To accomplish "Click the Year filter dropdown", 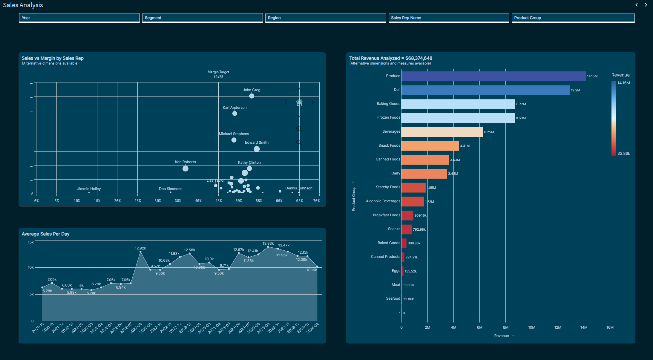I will [x=79, y=18].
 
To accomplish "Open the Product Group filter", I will [x=573, y=18].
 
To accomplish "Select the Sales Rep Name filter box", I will [x=449, y=18].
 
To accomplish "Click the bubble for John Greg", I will [x=252, y=96].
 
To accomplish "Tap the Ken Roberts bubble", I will [x=186, y=168].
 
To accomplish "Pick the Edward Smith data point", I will [x=257, y=149].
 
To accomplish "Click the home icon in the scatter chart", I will [x=299, y=103].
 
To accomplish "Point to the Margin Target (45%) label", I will [x=218, y=74].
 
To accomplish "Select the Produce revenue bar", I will [x=493, y=76].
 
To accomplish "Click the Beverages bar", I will [x=442, y=132].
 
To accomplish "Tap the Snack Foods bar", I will [x=430, y=146].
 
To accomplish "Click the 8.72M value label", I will [x=521, y=104].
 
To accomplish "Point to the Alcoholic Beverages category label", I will [x=383, y=201].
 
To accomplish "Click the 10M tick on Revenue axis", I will [x=531, y=327].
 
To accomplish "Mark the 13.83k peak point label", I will [x=268, y=243].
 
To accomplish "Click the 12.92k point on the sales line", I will [x=140, y=252].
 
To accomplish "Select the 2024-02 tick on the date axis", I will [x=313, y=328].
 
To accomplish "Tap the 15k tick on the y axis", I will [x=31, y=242].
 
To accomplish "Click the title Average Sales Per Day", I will [x=45, y=234].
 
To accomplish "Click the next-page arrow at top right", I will [x=646, y=5].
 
